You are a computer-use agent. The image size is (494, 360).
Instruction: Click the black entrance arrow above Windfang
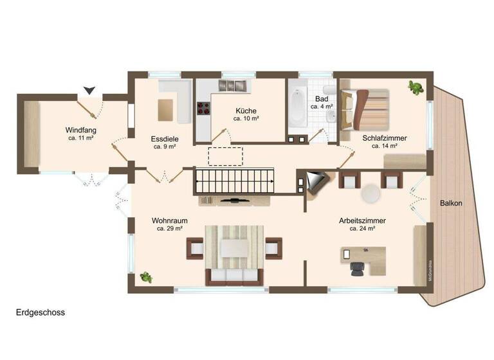pos(89,91)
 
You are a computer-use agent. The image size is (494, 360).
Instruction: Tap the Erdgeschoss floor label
pos(41,312)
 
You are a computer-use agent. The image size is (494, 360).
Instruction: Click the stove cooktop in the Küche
pos(203,109)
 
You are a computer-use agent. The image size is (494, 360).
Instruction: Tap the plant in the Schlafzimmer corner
pos(416,87)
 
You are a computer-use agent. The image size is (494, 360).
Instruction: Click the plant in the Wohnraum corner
pos(146,277)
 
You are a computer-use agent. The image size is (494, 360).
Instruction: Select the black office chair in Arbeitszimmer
pos(357,268)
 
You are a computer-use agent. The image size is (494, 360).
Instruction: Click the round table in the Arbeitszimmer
pos(370,194)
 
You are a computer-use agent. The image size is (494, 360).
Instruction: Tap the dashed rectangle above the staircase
pos(224,156)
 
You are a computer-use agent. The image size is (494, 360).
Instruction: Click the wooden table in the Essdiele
pos(167,109)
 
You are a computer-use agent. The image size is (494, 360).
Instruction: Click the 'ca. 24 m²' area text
pos(362,228)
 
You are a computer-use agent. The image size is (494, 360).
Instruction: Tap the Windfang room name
pos(81,129)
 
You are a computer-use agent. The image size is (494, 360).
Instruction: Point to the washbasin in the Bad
pos(331,116)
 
